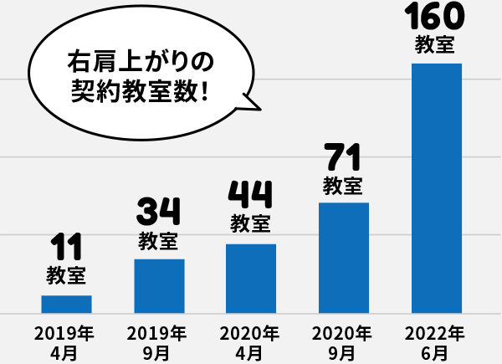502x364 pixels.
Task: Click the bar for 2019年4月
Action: point(67,304)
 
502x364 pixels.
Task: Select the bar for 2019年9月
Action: point(159,286)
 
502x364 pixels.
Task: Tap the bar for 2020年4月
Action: point(251,279)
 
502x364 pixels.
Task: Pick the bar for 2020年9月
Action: point(344,258)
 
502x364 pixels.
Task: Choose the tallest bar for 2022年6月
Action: point(437,188)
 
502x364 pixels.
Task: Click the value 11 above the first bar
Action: point(66,249)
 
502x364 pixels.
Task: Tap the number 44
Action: point(250,196)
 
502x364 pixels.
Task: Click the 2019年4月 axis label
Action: point(66,342)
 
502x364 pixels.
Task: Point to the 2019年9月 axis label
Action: point(158,342)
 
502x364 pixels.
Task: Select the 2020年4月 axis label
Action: point(250,342)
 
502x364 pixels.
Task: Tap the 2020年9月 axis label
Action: point(343,342)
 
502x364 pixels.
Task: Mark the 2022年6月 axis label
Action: point(435,342)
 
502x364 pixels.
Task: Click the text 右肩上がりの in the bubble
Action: point(141,62)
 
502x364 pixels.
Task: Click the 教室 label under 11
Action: point(66,274)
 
